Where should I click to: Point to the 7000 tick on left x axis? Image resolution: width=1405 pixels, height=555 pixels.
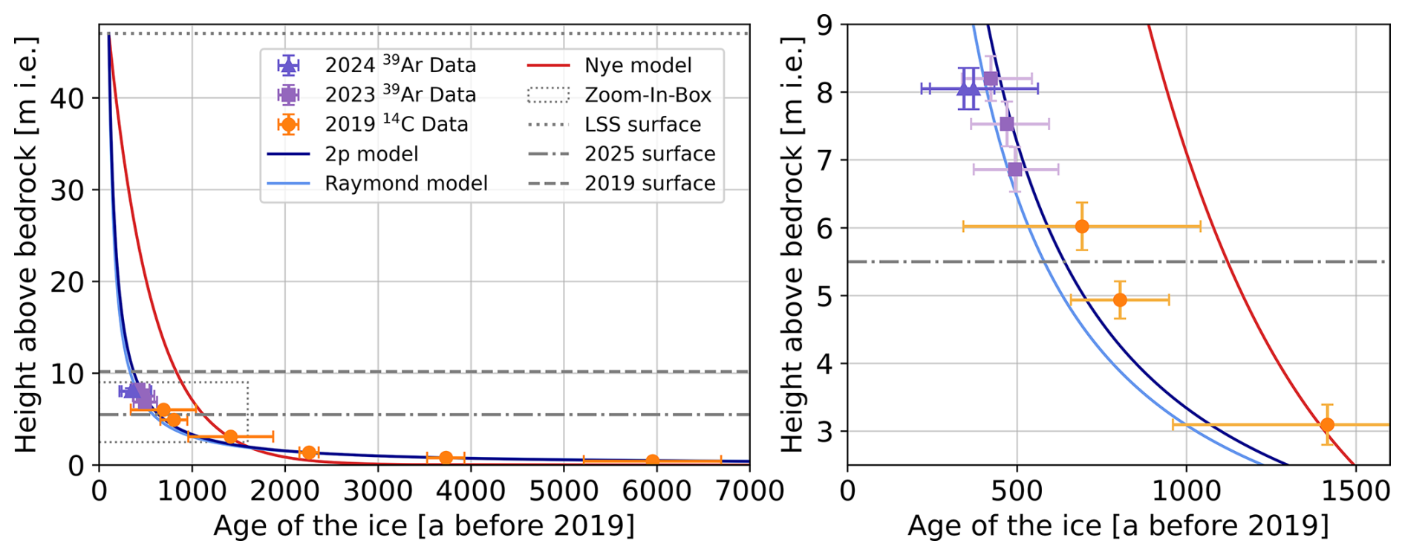click(749, 491)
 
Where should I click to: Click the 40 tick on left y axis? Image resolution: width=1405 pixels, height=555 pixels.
click(67, 98)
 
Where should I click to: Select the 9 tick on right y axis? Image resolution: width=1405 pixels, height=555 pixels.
click(824, 25)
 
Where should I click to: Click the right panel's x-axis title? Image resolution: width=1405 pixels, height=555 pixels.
click(1118, 525)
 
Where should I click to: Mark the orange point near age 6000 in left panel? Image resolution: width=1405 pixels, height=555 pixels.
click(652, 461)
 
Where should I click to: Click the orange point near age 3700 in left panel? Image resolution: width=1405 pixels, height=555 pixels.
click(446, 458)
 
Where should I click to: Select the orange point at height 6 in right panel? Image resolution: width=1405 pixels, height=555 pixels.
click(1082, 226)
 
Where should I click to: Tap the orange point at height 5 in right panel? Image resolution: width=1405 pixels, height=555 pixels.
click(1120, 300)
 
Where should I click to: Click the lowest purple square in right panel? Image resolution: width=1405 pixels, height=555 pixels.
click(1015, 169)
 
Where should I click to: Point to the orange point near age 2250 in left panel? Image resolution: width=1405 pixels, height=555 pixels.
click(309, 452)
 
